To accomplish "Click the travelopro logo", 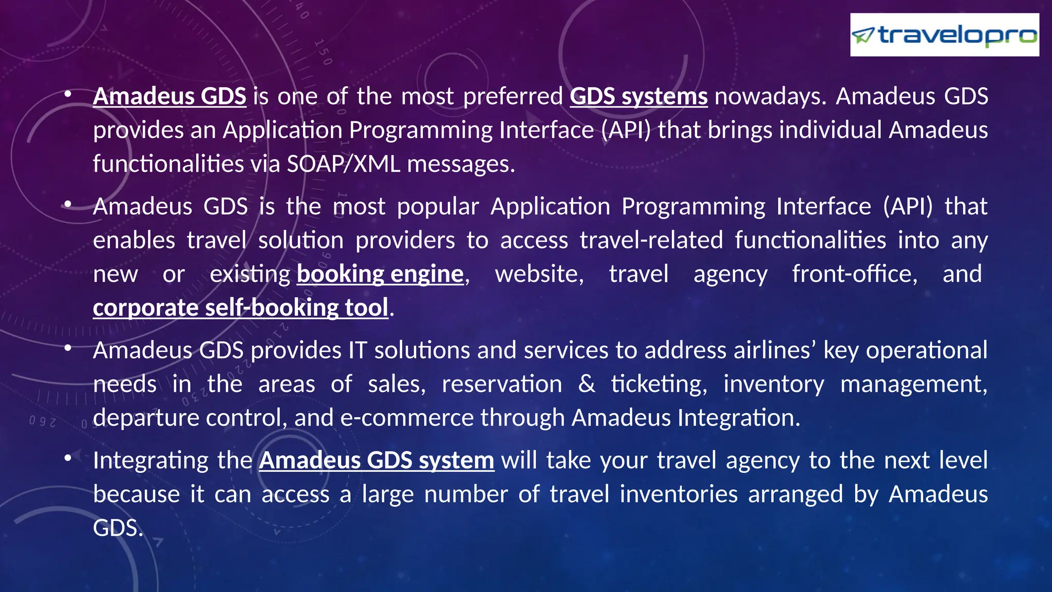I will click(x=944, y=35).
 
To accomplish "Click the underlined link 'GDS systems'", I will click(x=638, y=97).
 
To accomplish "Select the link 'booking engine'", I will click(x=380, y=274).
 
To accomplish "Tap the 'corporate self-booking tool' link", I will click(x=240, y=308).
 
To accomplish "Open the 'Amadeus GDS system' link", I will click(x=377, y=460).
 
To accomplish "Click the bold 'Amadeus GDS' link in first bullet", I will click(x=170, y=97).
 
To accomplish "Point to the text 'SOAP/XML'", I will click(x=343, y=164).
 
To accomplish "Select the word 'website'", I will click(x=539, y=274).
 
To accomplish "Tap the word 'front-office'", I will click(x=854, y=274).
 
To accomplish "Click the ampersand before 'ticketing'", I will click(x=587, y=384).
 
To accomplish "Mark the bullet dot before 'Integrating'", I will click(x=68, y=457).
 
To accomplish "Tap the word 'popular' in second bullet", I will click(x=438, y=207).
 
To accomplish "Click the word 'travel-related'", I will click(x=651, y=240).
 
